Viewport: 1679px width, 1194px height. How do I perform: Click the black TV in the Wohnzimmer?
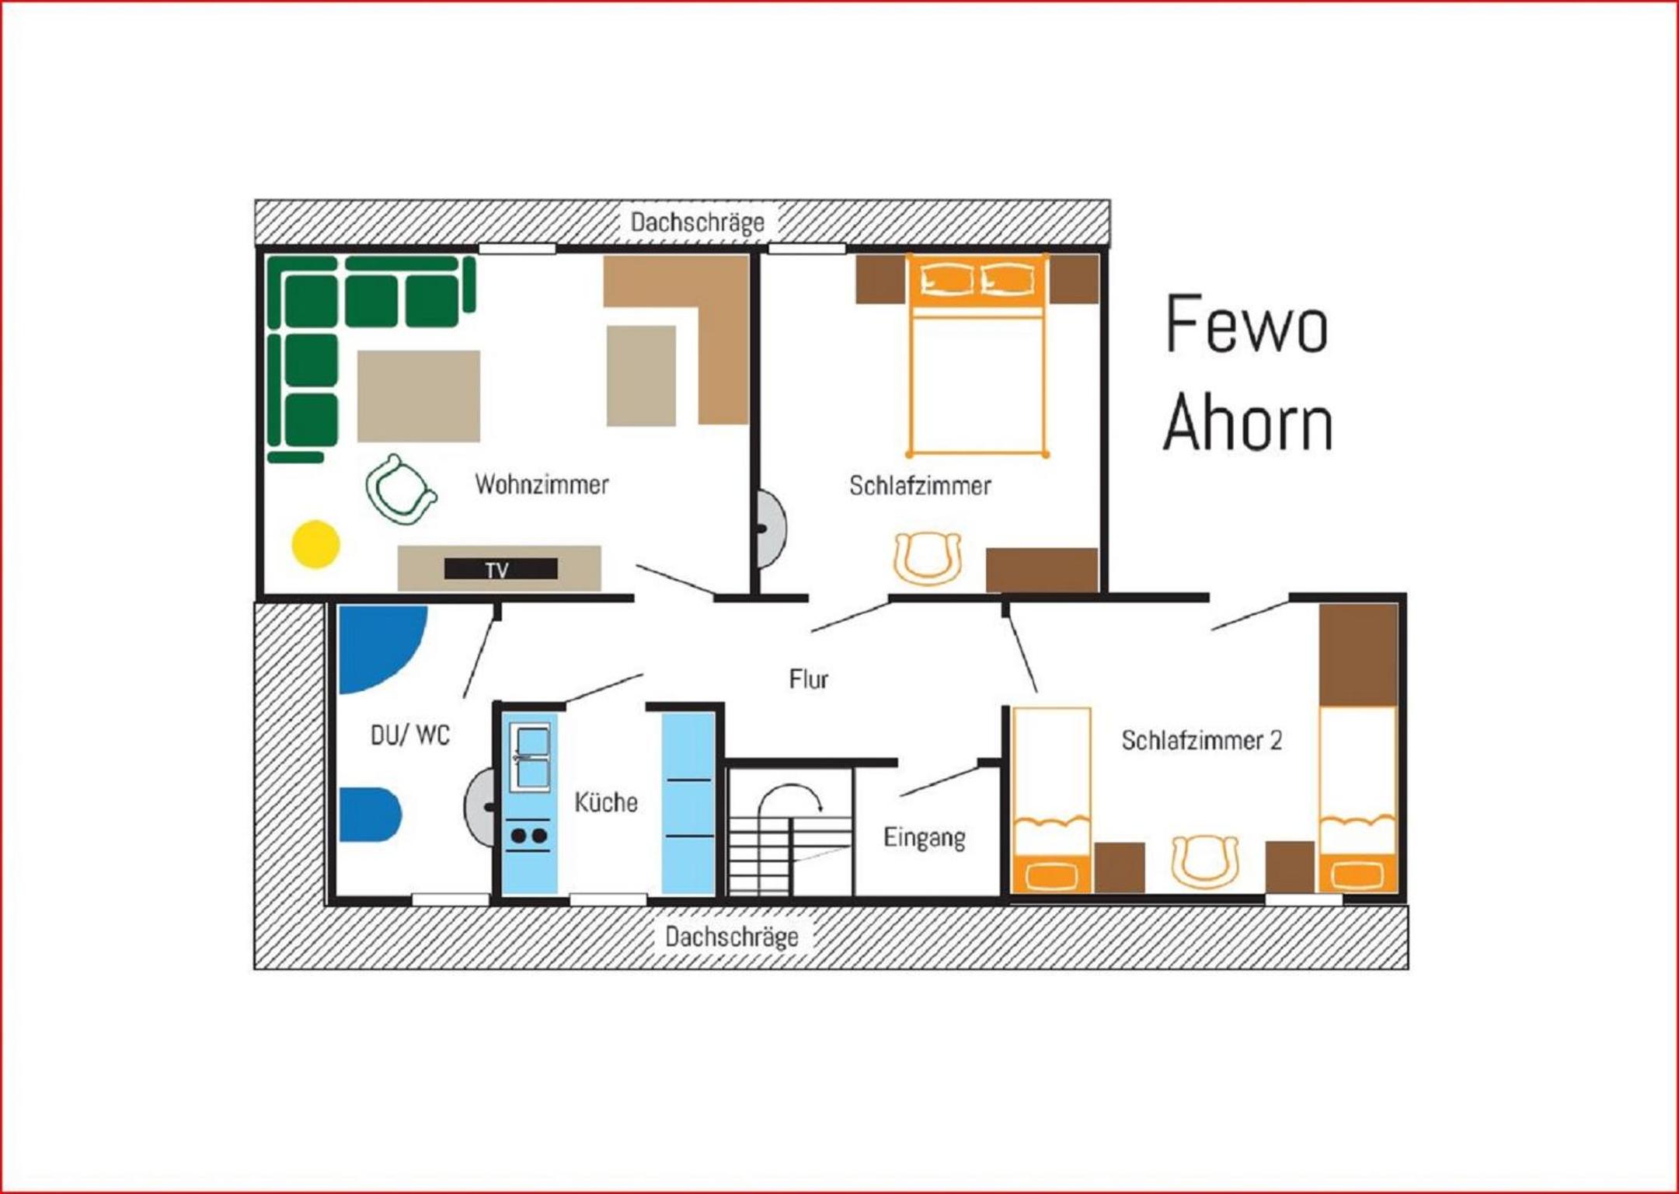point(500,569)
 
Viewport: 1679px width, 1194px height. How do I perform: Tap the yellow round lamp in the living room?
point(315,544)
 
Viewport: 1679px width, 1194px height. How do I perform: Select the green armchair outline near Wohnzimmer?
point(400,490)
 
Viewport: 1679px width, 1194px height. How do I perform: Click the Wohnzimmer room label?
point(542,484)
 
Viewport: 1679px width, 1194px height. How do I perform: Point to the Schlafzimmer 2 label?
point(1201,740)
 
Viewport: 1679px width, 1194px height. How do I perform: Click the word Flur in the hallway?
point(808,679)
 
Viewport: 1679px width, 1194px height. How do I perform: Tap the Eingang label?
point(925,838)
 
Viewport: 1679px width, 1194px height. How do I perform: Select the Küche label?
point(606,801)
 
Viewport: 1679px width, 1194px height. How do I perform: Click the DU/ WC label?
point(410,735)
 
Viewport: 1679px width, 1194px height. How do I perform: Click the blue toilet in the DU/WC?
point(369,815)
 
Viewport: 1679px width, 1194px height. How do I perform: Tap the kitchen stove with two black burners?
point(528,836)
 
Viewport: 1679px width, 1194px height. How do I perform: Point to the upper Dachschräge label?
point(697,222)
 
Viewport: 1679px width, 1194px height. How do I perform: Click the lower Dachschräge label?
point(731,937)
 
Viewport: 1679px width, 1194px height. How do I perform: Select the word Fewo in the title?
point(1246,323)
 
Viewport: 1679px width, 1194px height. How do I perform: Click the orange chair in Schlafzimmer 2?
point(1204,861)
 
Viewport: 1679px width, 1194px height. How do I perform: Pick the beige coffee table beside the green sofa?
point(419,396)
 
